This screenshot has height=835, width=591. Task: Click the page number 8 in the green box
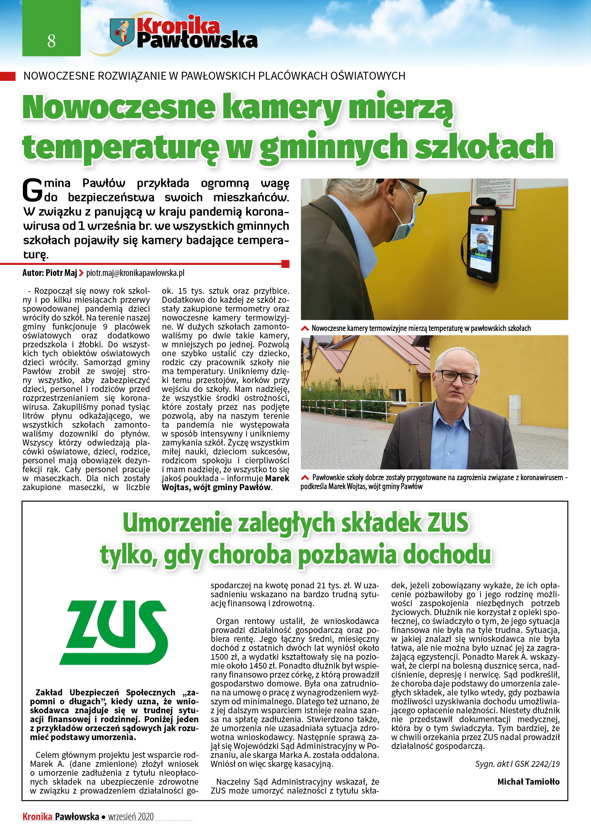coord(51,41)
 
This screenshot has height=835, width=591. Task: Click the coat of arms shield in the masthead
coord(121,32)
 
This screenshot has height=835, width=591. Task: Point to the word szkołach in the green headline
coord(484,147)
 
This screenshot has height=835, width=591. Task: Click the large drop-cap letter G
coord(33,190)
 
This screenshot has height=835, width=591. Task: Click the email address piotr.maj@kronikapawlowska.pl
coord(135,273)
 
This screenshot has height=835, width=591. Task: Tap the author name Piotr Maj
coord(61,273)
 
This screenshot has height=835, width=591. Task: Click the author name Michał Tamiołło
coord(528,781)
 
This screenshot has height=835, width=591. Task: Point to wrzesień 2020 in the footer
coord(131,816)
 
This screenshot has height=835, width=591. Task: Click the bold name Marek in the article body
coord(277,478)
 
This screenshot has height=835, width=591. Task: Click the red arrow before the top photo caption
coord(304,328)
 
